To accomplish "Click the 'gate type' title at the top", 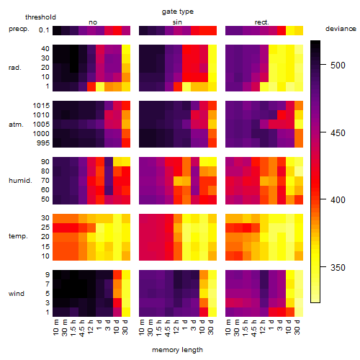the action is (x=178, y=12).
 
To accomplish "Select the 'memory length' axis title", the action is (x=177, y=350).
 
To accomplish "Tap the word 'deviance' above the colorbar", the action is (x=341, y=29).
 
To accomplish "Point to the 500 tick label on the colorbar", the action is (x=338, y=65).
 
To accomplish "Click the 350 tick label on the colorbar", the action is (x=338, y=267).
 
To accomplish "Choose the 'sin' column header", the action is (x=177, y=22).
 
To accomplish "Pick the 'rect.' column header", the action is (x=261, y=22).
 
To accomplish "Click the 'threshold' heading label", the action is (x=40, y=17).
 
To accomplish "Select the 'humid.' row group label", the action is (x=20, y=180).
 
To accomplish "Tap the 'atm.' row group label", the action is (x=16, y=125).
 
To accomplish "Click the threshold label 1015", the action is (x=41, y=105).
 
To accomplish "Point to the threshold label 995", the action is (x=43, y=143).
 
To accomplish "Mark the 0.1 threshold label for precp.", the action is (x=44, y=30).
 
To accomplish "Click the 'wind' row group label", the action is (x=17, y=293).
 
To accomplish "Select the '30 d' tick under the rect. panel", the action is (x=297, y=327).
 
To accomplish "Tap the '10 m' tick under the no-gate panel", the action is (x=55, y=327).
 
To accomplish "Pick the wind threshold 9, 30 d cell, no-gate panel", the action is (x=126, y=274).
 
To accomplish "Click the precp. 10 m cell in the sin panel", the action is (x=143, y=30).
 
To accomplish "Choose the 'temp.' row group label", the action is (x=18, y=236).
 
